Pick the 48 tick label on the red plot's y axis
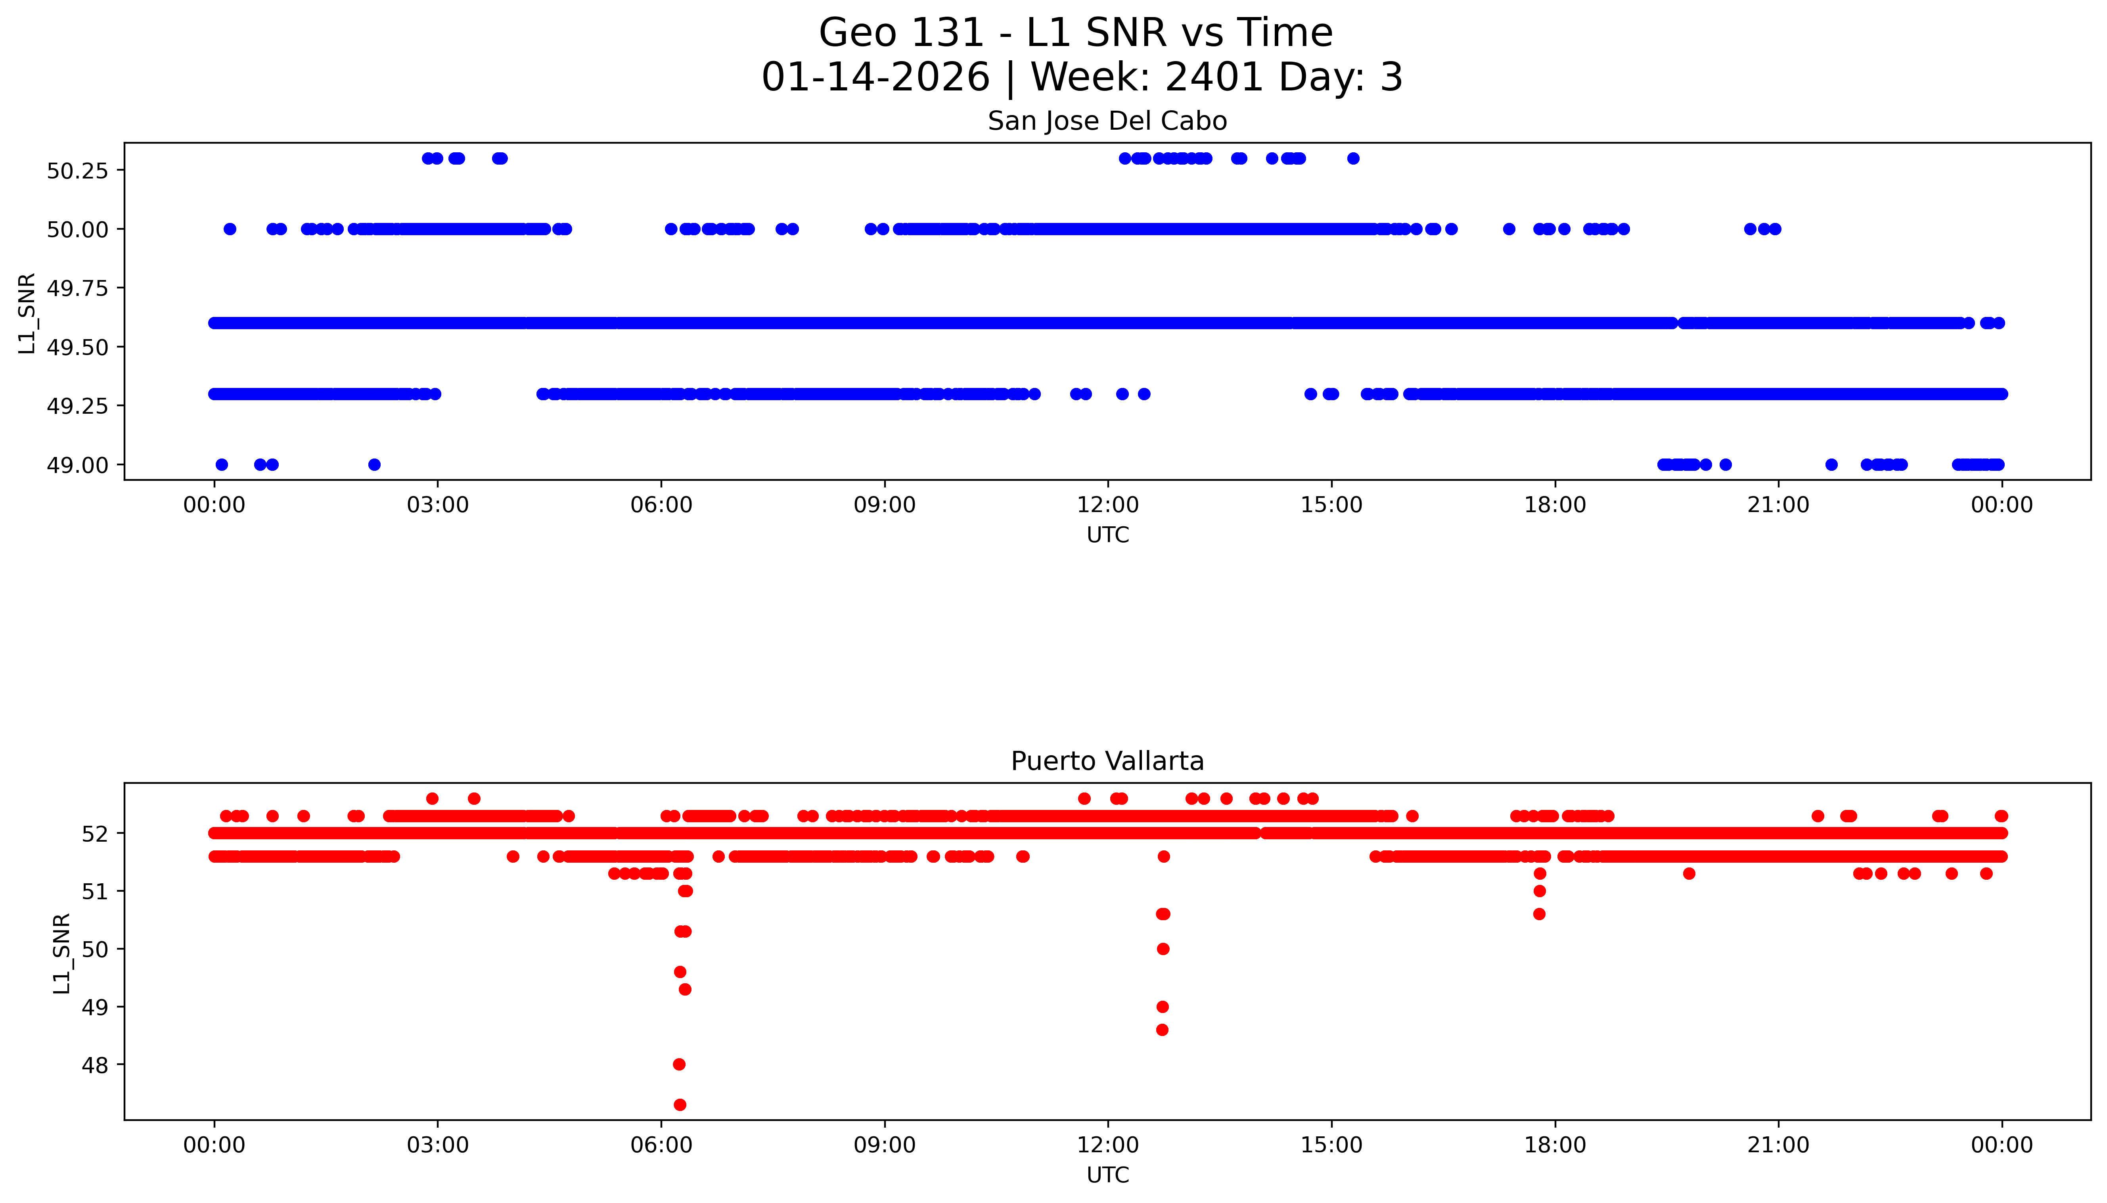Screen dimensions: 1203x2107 [x=95, y=1065]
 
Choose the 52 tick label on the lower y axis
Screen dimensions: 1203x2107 [x=95, y=834]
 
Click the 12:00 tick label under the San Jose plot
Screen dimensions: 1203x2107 [x=1107, y=505]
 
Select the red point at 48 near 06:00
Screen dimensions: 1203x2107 [x=679, y=1064]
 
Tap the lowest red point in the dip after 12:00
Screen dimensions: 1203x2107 [x=1162, y=1030]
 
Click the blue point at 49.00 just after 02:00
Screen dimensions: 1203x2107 [x=374, y=464]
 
